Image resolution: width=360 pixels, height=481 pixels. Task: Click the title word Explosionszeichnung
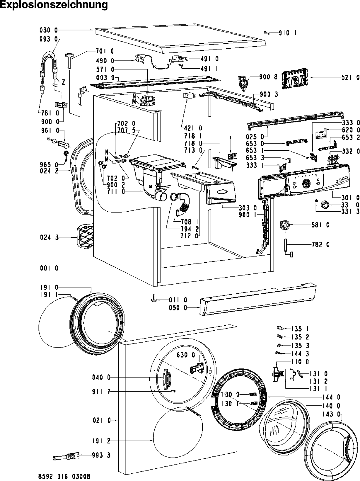pos(54,5)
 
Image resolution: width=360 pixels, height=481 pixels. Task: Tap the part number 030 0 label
pos(49,30)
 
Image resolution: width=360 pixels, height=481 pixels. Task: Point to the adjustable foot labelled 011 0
pos(154,299)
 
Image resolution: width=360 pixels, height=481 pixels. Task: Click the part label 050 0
pos(178,308)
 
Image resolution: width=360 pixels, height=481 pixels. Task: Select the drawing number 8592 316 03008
pos(64,476)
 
